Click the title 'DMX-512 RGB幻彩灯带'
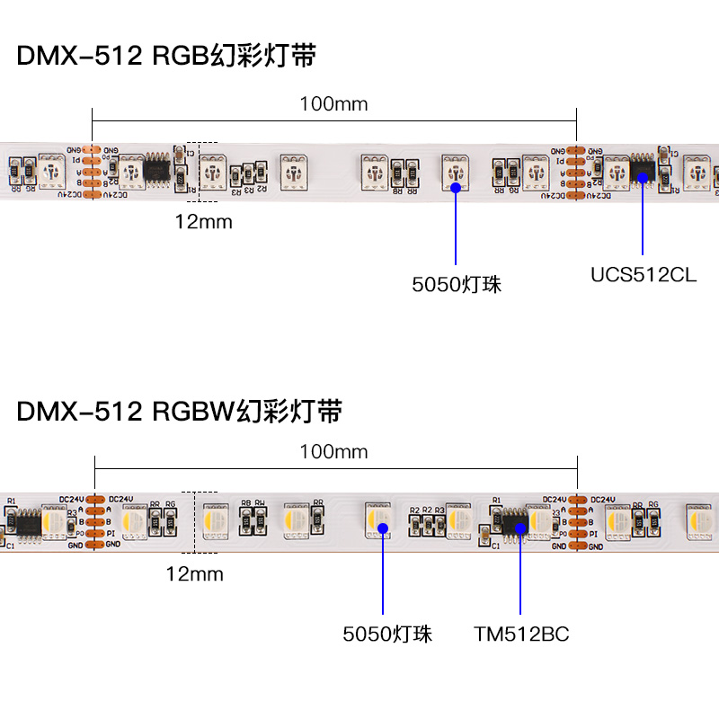166,56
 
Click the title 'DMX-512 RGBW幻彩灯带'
180,412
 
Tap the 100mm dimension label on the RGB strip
333,103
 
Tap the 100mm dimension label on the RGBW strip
333,451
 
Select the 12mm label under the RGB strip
203,221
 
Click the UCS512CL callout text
643,274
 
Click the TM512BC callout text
521,635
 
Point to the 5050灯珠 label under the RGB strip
457,285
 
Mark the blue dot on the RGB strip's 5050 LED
457,188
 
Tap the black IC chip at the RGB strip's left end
158,166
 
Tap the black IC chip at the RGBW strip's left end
26,521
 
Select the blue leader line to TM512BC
520,575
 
